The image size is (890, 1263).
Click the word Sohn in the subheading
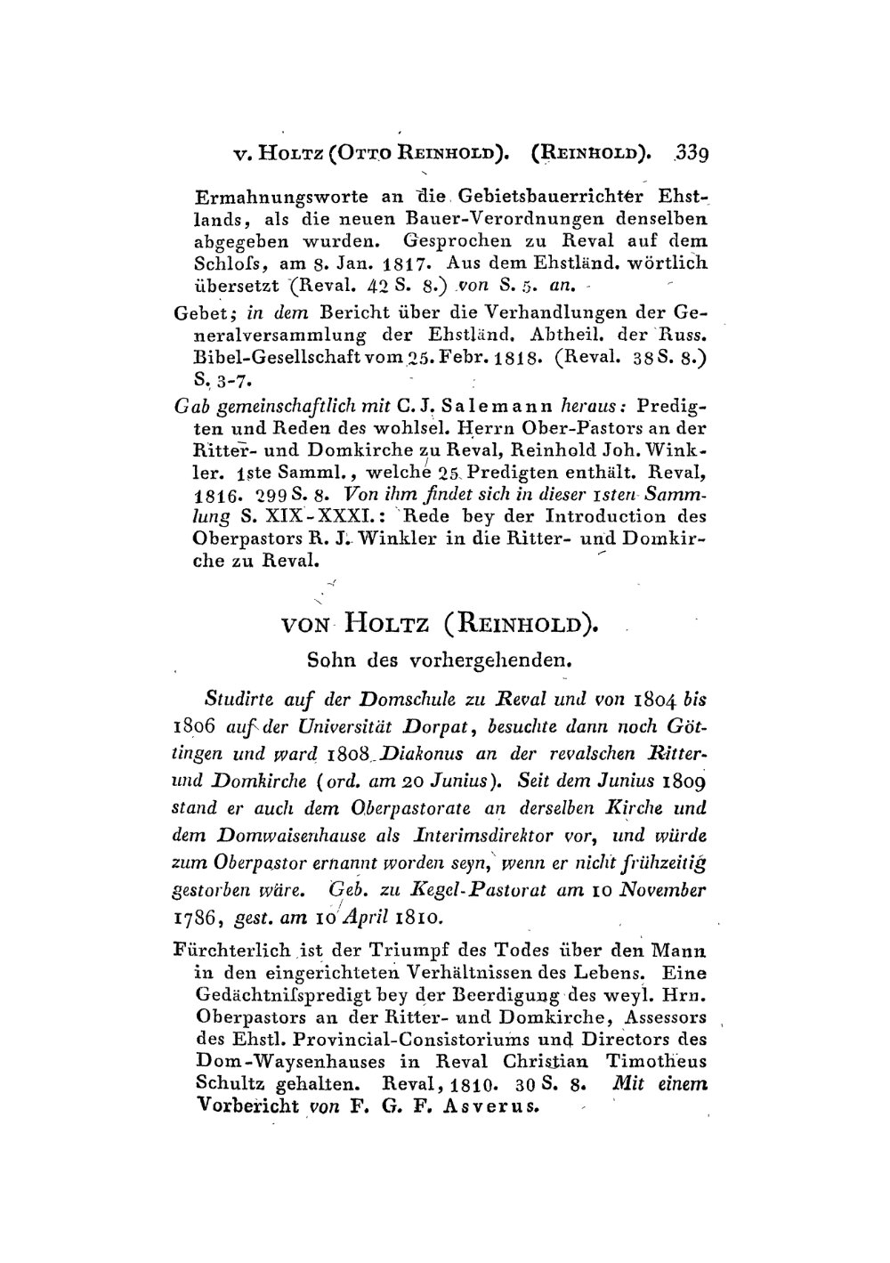pyautogui.click(x=327, y=661)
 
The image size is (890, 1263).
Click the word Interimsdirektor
pyautogui.click(x=473, y=837)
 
